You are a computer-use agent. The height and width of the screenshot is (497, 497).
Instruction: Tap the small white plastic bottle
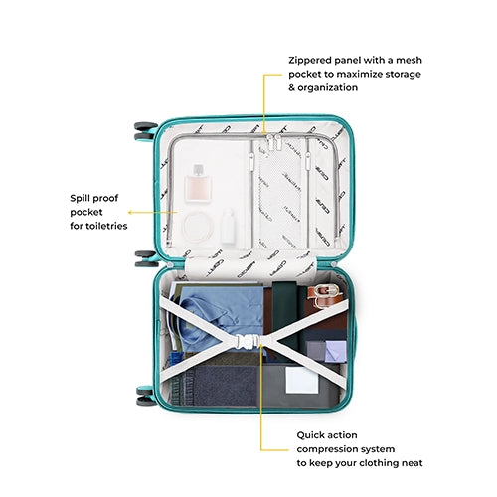[x=229, y=226]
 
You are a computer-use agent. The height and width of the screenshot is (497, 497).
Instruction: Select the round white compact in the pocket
[x=198, y=227]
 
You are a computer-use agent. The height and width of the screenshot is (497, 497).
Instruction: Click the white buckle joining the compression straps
[x=247, y=341]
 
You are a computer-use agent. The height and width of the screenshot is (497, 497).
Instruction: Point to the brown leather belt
[x=324, y=296]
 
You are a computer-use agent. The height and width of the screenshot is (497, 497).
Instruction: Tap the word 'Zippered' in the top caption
[x=310, y=61]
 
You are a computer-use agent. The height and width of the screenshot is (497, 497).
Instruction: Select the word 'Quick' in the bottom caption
[x=311, y=435]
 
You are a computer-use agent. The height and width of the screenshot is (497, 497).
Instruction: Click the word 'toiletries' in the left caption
[x=106, y=226]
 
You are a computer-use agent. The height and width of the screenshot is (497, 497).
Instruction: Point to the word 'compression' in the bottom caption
[x=326, y=449]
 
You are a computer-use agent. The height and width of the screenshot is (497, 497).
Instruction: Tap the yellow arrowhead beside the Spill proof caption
[x=130, y=212]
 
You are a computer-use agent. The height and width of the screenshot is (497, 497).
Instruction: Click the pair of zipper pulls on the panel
[x=274, y=142]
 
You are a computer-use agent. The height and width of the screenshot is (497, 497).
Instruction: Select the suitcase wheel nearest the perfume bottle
[x=145, y=131]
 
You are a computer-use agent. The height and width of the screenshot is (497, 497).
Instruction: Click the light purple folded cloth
[x=335, y=351]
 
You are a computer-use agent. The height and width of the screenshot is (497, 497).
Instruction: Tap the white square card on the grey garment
[x=302, y=380]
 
